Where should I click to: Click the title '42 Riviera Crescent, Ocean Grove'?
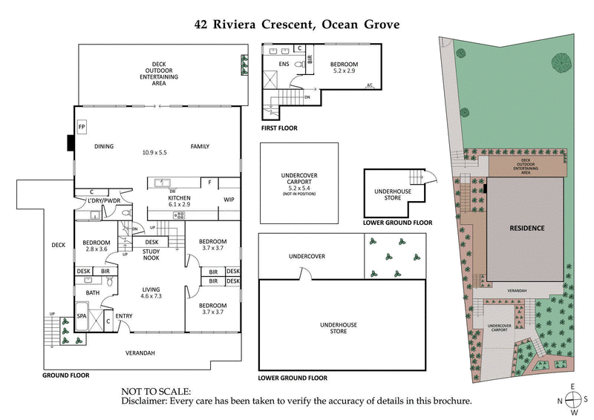297,24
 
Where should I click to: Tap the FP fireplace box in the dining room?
82,126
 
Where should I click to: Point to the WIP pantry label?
229,200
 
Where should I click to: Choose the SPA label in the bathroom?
82,316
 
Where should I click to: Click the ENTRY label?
125,316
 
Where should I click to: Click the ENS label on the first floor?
283,65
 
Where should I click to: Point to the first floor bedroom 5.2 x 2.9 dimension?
345,72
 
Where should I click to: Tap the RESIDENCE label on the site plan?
526,228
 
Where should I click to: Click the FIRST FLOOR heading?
279,128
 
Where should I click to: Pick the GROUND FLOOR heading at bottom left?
65,375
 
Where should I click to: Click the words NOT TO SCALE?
155,391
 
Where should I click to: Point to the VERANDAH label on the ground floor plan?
140,353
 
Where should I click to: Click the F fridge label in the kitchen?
210,182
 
